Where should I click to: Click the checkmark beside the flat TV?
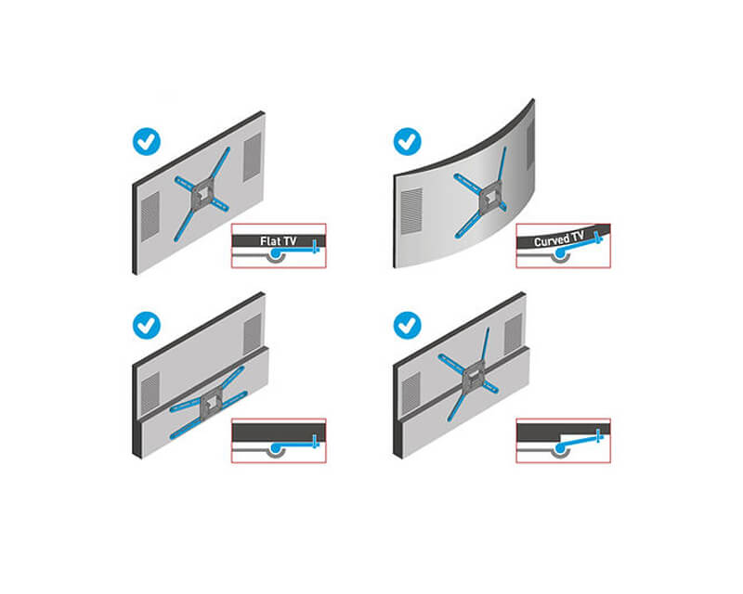coord(147,141)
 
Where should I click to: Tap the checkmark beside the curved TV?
coord(407,141)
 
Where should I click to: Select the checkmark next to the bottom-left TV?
coord(147,326)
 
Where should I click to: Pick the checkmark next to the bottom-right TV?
coord(407,326)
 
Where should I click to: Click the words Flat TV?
coord(278,241)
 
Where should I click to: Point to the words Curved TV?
coord(559,239)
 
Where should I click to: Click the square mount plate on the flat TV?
coord(203,194)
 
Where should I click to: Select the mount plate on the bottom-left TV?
coord(212,402)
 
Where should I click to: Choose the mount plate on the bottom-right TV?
coord(473,378)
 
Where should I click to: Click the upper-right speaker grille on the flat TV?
coord(252,157)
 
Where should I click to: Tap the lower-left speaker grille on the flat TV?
coord(150,216)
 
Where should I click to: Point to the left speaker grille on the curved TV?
coord(411,211)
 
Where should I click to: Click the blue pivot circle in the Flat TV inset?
coord(274,254)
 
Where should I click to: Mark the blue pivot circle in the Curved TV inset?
coord(560,253)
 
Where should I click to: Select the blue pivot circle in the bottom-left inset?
coord(274,447)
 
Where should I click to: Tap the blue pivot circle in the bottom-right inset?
coord(560,448)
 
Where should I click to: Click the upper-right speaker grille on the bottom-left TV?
coord(252,334)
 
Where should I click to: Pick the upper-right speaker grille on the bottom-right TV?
coord(513,335)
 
